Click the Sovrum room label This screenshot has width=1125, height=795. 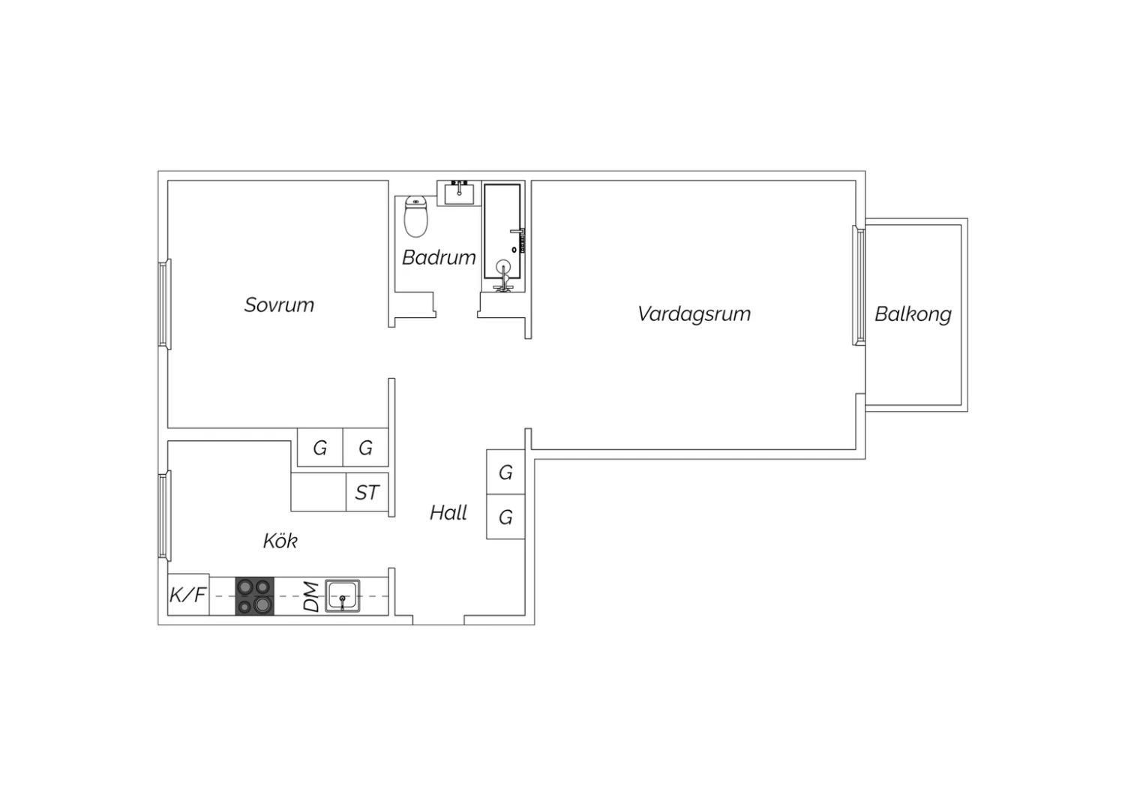tap(279, 304)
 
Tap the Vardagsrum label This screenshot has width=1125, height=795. tap(694, 314)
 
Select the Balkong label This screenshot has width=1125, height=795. tap(913, 315)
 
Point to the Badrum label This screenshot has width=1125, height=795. tap(439, 258)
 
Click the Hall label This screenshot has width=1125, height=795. tap(448, 512)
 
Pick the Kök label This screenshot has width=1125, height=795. tap(280, 541)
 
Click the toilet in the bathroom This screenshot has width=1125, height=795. tap(415, 217)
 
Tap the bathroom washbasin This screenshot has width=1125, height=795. tap(459, 193)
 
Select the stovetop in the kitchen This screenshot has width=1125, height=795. tap(255, 596)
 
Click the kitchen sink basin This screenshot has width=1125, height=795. tap(343, 596)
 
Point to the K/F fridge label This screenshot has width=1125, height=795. tap(187, 595)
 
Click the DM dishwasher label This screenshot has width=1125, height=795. tap(311, 597)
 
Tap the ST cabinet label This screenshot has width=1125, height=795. tap(367, 493)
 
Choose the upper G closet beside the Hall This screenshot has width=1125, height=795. tap(505, 472)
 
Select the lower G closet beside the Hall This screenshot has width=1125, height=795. tap(505, 517)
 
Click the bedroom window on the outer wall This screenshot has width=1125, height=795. tap(165, 304)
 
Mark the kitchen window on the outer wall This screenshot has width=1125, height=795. tap(165, 515)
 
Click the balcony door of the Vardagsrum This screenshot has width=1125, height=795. tap(858, 285)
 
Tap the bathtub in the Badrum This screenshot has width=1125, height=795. tap(502, 232)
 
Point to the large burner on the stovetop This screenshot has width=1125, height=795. tap(262, 604)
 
